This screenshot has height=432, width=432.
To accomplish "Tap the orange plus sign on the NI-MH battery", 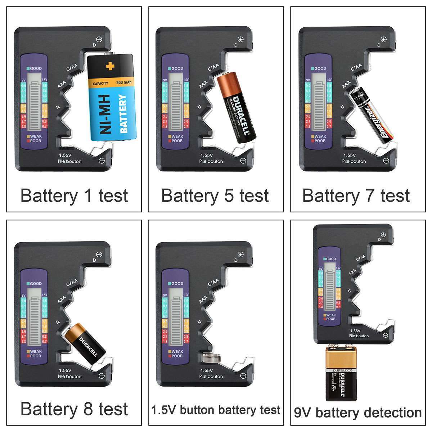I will coord(109,66).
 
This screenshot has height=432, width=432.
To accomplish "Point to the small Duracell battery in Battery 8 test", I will coord(85,340).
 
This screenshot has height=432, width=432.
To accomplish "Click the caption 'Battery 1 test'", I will coord(74,195).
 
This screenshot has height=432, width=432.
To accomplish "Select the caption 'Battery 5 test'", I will coord(215,195).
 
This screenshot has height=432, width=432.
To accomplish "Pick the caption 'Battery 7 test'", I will coord(356,195).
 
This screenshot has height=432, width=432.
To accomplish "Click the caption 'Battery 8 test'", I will coord(74,409).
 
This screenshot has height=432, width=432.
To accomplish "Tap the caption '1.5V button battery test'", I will coord(216,410).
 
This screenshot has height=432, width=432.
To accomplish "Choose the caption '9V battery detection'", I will coord(357,413).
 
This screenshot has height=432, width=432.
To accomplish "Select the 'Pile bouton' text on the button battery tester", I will coord(211,377).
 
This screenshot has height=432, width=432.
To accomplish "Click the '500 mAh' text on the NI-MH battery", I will coord(124,83).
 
